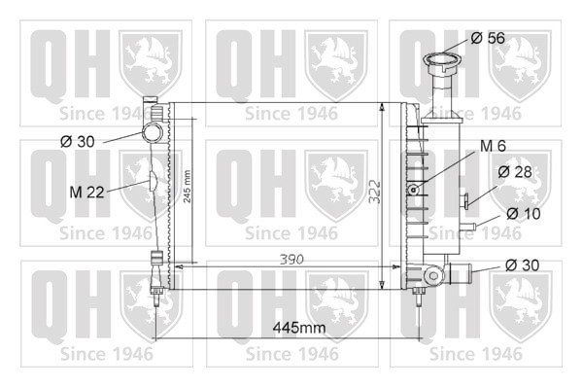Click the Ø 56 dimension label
tap(488, 38)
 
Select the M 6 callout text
tap(493, 146)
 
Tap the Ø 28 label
tap(515, 172)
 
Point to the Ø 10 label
tap(524, 213)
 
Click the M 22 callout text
tap(86, 193)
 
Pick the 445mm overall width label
tap(299, 328)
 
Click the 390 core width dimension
tap(291, 259)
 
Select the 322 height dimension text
tap(376, 192)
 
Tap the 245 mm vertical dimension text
tap(188, 186)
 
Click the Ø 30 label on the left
tap(77, 141)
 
